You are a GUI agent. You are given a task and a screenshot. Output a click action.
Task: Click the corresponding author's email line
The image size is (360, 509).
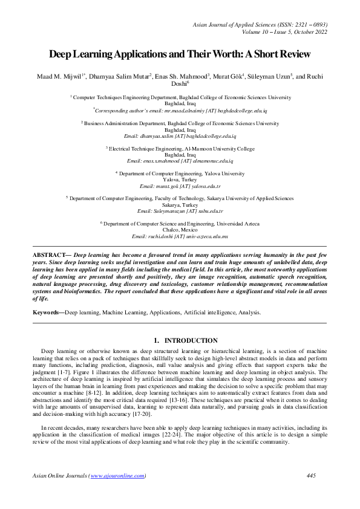[x=180, y=111]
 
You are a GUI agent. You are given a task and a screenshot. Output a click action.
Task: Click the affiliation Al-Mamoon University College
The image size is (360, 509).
[x=180, y=148]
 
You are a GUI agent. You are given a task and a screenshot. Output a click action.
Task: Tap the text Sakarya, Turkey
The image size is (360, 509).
[x=180, y=205]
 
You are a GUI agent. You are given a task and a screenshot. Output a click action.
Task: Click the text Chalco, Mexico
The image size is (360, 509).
[x=180, y=230]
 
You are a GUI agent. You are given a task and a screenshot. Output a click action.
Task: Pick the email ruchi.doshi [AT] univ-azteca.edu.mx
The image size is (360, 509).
[x=180, y=237]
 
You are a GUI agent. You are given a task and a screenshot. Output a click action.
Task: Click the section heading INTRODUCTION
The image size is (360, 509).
[x=191, y=342]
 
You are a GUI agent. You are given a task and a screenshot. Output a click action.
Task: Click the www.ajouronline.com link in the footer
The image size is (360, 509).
[x=117, y=476]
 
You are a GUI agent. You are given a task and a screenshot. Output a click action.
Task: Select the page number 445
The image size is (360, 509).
[x=312, y=476]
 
